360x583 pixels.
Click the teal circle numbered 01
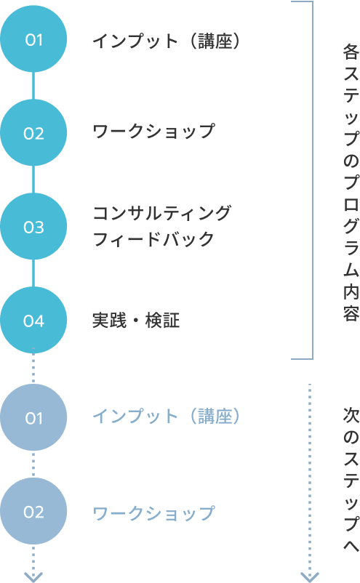33,39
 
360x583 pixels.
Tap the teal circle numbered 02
33,133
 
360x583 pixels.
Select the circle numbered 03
33,226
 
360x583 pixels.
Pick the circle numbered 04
33,320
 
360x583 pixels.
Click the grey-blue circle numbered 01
33,417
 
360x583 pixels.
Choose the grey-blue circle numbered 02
33,511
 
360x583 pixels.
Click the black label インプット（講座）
167,41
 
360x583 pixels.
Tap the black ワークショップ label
153,132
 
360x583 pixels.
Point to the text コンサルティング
161,213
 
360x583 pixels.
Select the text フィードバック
153,238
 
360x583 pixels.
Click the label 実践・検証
136,321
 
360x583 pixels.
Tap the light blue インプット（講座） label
167,416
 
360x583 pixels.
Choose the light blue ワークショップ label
153,513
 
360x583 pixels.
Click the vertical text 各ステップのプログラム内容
351,182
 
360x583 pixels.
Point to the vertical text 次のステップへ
351,480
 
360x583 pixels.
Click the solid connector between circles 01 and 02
33,86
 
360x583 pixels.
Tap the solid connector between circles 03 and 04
33,273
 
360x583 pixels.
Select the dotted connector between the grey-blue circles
33,465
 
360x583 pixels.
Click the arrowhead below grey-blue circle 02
33,577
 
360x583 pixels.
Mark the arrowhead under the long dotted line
309,577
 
